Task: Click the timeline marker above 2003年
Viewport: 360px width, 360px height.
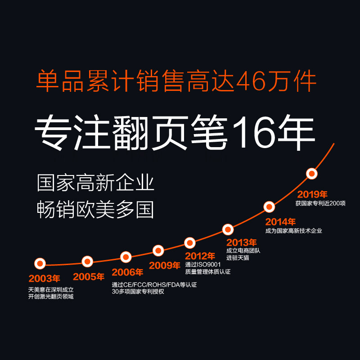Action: pos(40,264)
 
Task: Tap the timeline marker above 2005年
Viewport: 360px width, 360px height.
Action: pos(87,261)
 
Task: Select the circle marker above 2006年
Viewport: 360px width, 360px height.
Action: pos(126,257)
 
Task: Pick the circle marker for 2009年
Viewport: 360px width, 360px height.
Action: pos(158,250)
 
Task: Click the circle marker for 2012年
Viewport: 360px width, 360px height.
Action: pos(190,243)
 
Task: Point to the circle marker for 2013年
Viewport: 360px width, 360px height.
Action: pos(228,229)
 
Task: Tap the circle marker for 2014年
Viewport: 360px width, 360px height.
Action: pos(269,207)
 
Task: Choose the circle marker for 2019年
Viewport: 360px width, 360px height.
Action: pos(312,174)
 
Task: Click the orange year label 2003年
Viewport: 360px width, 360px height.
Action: pos(44,279)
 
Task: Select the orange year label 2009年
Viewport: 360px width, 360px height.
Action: pos(165,265)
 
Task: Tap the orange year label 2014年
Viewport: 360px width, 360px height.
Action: pos(280,222)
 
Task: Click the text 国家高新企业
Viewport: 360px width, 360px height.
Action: pos(95,184)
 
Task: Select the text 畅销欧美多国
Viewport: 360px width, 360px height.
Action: pos(95,209)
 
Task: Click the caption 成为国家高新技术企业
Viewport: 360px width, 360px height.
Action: pos(293,231)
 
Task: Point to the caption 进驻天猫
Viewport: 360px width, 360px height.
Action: pos(238,258)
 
